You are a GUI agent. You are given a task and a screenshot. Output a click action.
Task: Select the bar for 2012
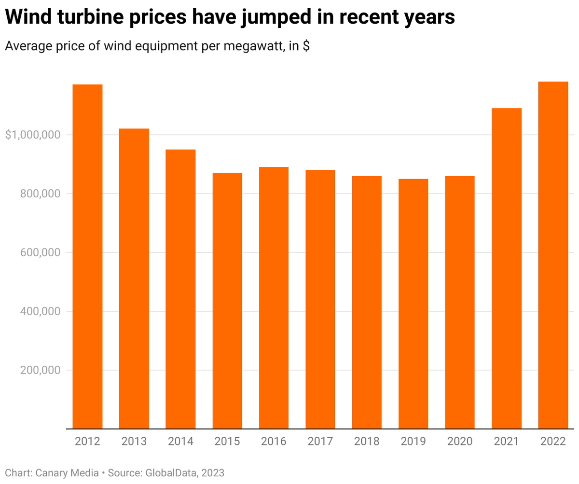[x=87, y=256]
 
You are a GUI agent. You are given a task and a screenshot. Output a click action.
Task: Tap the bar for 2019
[x=413, y=304]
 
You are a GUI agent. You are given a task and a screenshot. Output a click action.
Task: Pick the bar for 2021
[x=506, y=268]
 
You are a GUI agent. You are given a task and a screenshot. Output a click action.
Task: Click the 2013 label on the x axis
[x=134, y=442]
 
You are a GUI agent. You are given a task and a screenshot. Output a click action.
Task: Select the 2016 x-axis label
[x=274, y=442]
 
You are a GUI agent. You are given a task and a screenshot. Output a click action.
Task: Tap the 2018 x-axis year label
[x=367, y=442]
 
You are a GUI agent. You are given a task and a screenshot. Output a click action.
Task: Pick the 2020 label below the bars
[x=460, y=442]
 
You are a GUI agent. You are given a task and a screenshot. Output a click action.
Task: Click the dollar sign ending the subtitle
[x=306, y=46]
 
